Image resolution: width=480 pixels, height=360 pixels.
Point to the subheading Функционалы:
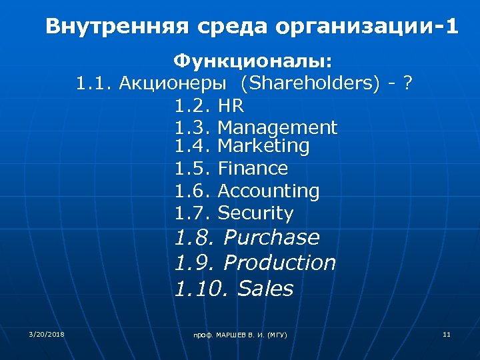pyautogui.click(x=253, y=62)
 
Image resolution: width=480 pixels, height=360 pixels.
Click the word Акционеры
pyautogui.click(x=175, y=83)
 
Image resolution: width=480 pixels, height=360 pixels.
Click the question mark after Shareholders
pyautogui.click(x=408, y=83)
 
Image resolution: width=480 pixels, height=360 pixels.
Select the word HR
pyautogui.click(x=231, y=106)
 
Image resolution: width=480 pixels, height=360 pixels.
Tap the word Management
pyautogui.click(x=277, y=127)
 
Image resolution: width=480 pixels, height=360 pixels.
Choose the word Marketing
pyautogui.click(x=263, y=145)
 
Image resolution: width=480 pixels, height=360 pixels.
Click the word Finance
pyautogui.click(x=253, y=168)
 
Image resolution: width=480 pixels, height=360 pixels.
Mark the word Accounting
pyautogui.click(x=269, y=191)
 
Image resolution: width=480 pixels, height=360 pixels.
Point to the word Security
pyautogui.click(x=255, y=213)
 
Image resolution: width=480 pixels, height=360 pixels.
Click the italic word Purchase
pyautogui.click(x=271, y=237)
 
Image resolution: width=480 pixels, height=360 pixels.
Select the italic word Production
pyautogui.click(x=279, y=263)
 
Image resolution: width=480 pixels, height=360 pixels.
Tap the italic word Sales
pyautogui.click(x=265, y=289)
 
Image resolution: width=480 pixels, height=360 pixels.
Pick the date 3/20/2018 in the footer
pyautogui.click(x=47, y=333)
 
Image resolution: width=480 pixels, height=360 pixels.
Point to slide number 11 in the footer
pyautogui.click(x=447, y=333)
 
